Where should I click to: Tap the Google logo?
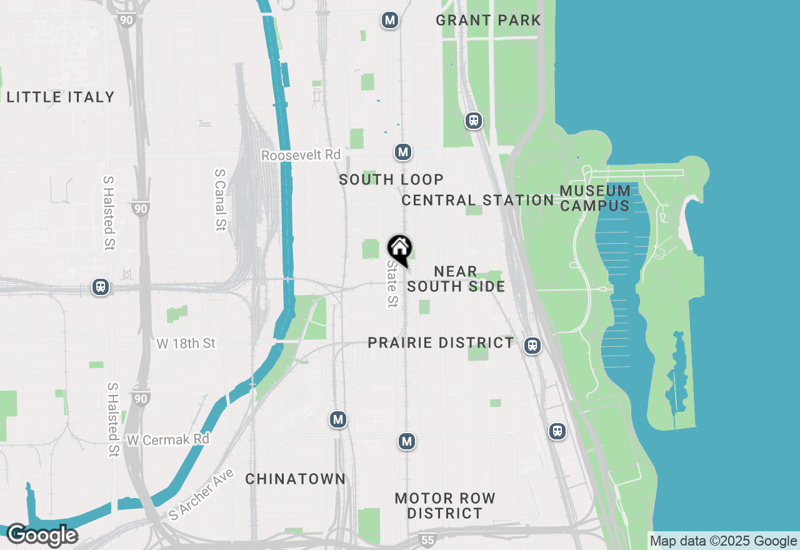click(x=42, y=535)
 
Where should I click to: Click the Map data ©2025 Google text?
click(x=723, y=541)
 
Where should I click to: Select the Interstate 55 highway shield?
click(x=427, y=539)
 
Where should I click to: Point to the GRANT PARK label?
click(x=488, y=20)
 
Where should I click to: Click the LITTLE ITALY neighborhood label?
click(x=61, y=97)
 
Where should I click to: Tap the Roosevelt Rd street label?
click(x=301, y=155)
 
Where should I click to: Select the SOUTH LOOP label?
click(x=391, y=180)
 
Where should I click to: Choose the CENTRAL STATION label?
click(x=477, y=200)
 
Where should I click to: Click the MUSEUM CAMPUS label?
click(x=595, y=198)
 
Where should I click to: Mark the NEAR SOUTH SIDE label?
click(x=456, y=279)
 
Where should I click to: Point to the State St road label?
click(x=392, y=284)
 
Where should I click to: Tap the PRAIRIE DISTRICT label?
click(x=441, y=342)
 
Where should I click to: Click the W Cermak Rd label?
click(x=167, y=440)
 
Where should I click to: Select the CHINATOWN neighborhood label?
click(x=295, y=479)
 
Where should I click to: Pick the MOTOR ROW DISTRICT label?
click(x=445, y=506)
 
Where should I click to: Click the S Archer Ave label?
click(x=202, y=494)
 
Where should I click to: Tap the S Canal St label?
click(x=219, y=199)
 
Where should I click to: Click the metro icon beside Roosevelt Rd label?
click(x=403, y=152)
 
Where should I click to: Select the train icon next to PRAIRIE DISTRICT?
click(x=532, y=345)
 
